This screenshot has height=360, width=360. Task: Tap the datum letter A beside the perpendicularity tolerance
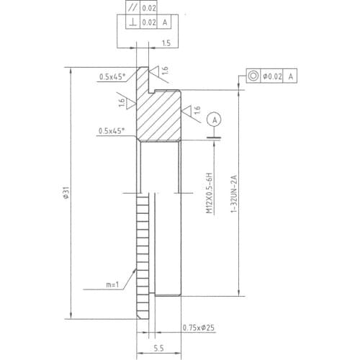pos(166,23)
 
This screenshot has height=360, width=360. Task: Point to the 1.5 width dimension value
pos(166,44)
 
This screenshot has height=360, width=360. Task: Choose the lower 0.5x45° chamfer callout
pos(112,130)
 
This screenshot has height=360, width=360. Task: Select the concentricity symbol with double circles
pos(253,75)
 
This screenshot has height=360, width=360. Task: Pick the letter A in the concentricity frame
pos(292,75)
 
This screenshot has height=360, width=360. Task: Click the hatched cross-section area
pos(158,115)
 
